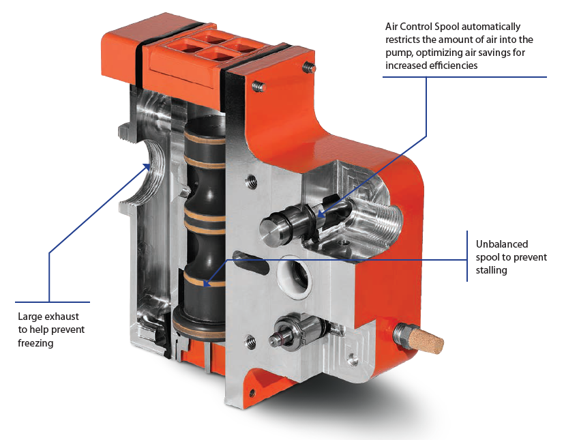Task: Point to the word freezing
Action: point(35,343)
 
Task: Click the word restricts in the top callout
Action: point(406,40)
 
